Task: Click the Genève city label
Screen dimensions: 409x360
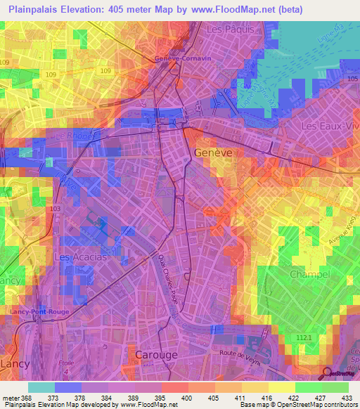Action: (x=214, y=153)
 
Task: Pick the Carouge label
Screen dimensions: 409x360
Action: (x=156, y=355)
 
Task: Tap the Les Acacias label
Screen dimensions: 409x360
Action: (x=80, y=257)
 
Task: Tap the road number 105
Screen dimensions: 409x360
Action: (x=352, y=79)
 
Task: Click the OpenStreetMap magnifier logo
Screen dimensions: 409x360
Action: (x=327, y=372)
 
